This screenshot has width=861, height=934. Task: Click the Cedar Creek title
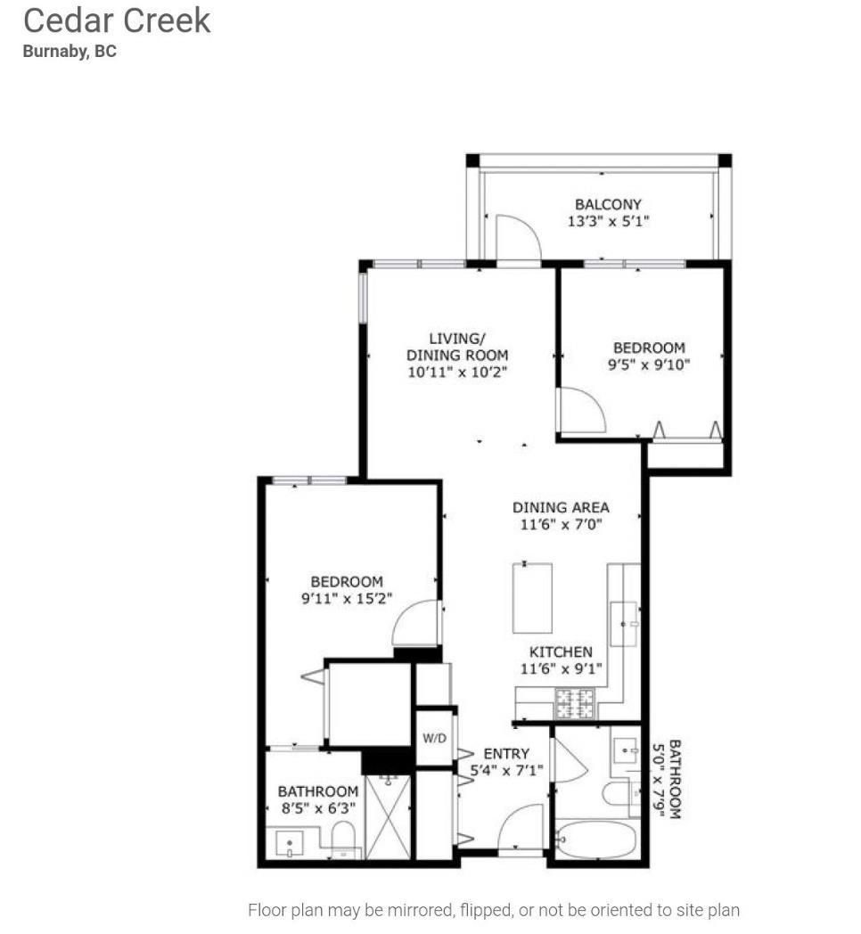click(117, 20)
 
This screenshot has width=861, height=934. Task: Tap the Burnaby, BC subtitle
click(70, 51)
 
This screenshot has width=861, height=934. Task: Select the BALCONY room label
click(608, 204)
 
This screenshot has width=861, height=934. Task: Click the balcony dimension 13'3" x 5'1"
click(608, 221)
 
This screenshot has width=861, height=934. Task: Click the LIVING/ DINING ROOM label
click(457, 347)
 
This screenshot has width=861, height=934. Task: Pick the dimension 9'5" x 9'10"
click(649, 364)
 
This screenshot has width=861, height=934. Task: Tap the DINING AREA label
click(561, 507)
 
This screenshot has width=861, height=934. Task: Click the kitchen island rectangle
click(532, 597)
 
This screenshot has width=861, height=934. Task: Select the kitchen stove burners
click(575, 703)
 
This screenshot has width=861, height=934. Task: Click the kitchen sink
click(624, 624)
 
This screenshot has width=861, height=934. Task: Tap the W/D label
click(434, 739)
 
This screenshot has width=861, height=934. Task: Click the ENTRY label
click(506, 754)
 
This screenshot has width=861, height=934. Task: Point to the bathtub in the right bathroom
click(595, 840)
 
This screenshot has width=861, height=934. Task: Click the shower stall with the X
click(388, 816)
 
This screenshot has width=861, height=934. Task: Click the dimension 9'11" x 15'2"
click(346, 598)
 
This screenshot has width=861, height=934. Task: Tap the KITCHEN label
click(561, 651)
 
